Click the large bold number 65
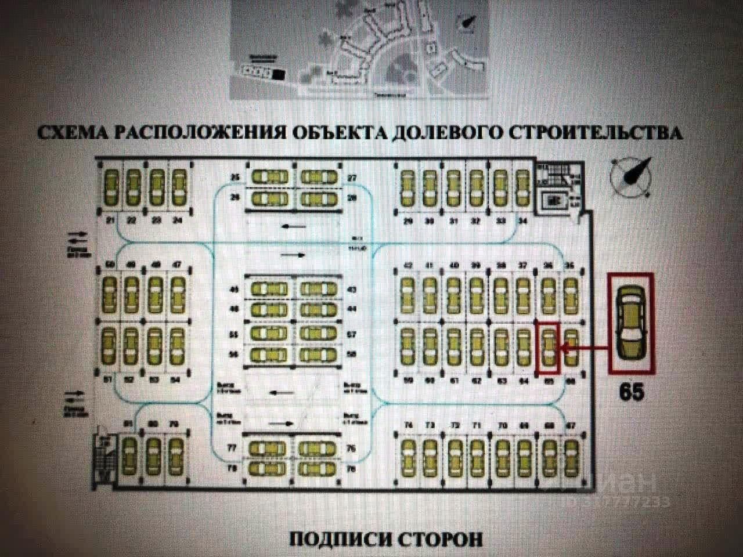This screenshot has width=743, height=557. click(632, 392)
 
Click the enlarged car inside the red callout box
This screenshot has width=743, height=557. click(631, 322)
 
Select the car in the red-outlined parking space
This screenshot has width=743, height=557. click(547, 348)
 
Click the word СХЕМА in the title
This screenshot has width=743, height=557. click(71, 132)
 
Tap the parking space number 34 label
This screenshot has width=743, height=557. click(523, 220)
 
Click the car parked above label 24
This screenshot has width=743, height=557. click(177, 186)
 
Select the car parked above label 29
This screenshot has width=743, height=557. click(406, 187)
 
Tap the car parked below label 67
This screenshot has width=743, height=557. click(572, 456)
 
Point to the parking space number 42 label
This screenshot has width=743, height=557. click(409, 266)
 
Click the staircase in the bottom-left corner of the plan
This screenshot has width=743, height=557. click(104, 458)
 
